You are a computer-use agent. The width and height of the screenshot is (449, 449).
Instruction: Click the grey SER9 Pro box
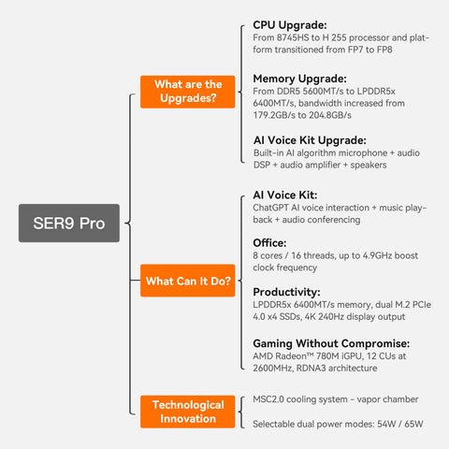68,224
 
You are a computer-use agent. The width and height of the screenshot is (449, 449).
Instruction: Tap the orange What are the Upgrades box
187,92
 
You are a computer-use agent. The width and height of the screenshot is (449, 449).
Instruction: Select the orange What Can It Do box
187,281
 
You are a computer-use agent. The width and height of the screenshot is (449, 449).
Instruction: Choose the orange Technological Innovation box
187,412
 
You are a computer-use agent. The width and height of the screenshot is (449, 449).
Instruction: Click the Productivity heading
293,292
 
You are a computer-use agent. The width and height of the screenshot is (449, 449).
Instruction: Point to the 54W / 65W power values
394,424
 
